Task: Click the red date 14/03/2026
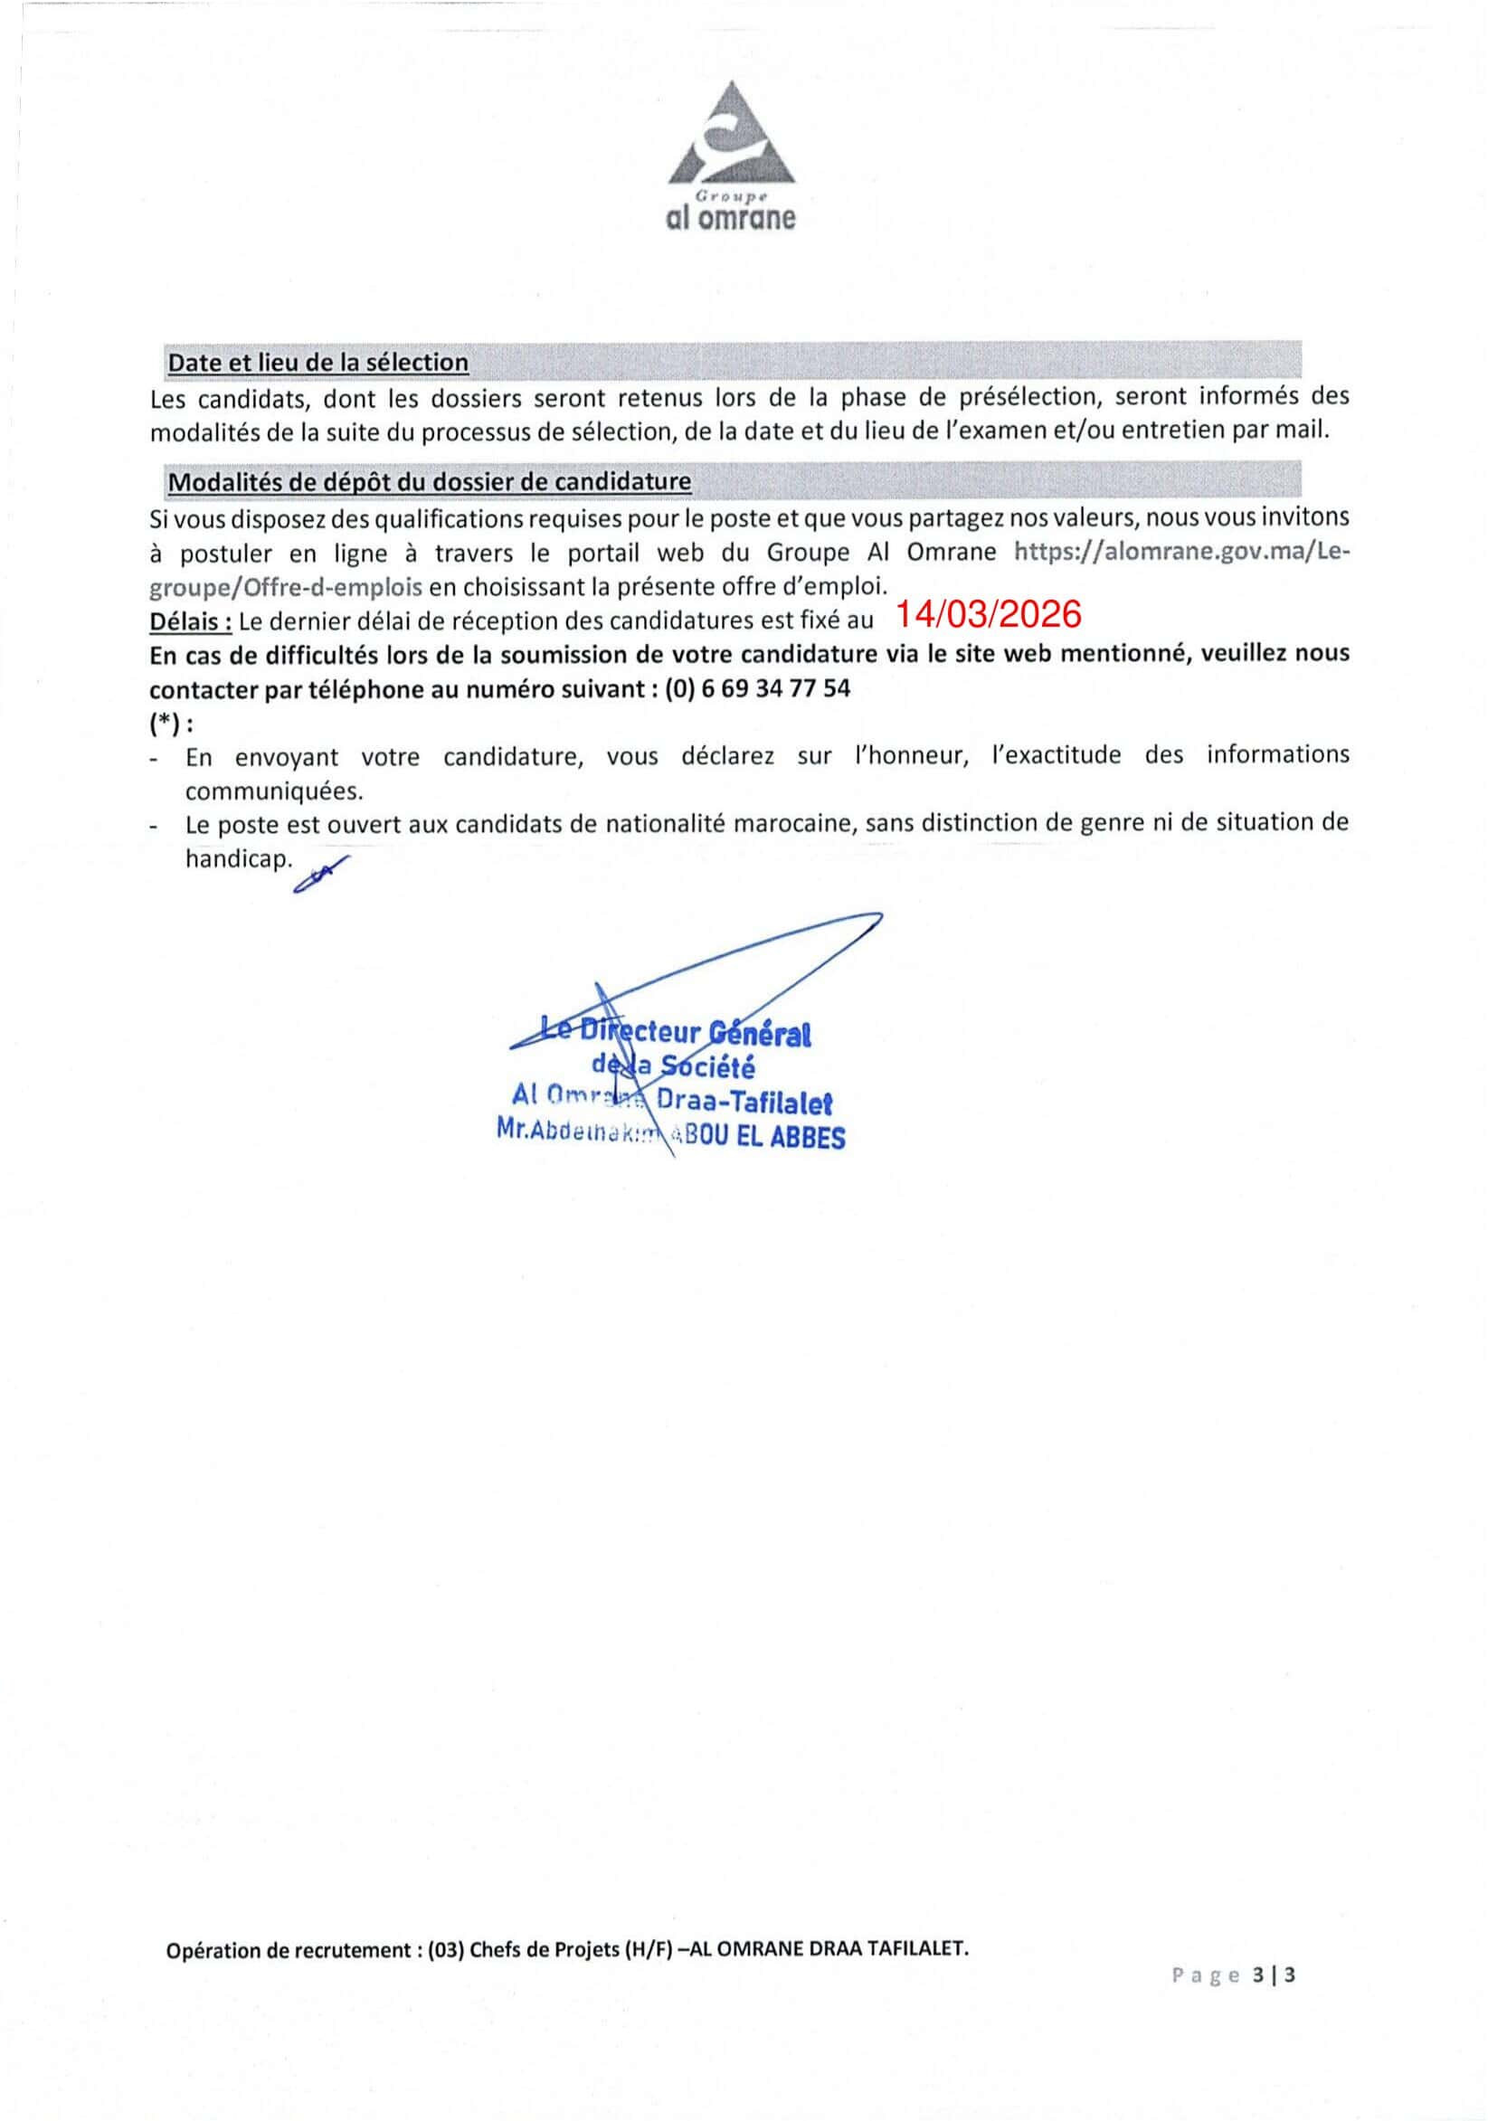click(x=989, y=614)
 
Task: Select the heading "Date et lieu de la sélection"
click(x=318, y=362)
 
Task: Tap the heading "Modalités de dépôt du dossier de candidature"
click(x=430, y=481)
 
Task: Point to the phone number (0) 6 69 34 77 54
click(x=757, y=688)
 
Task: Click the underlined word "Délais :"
click(x=191, y=621)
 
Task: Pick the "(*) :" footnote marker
click(x=172, y=724)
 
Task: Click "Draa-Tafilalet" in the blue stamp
click(x=744, y=1102)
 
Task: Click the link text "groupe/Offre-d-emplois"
click(x=286, y=587)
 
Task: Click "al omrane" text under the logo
click(x=731, y=219)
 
